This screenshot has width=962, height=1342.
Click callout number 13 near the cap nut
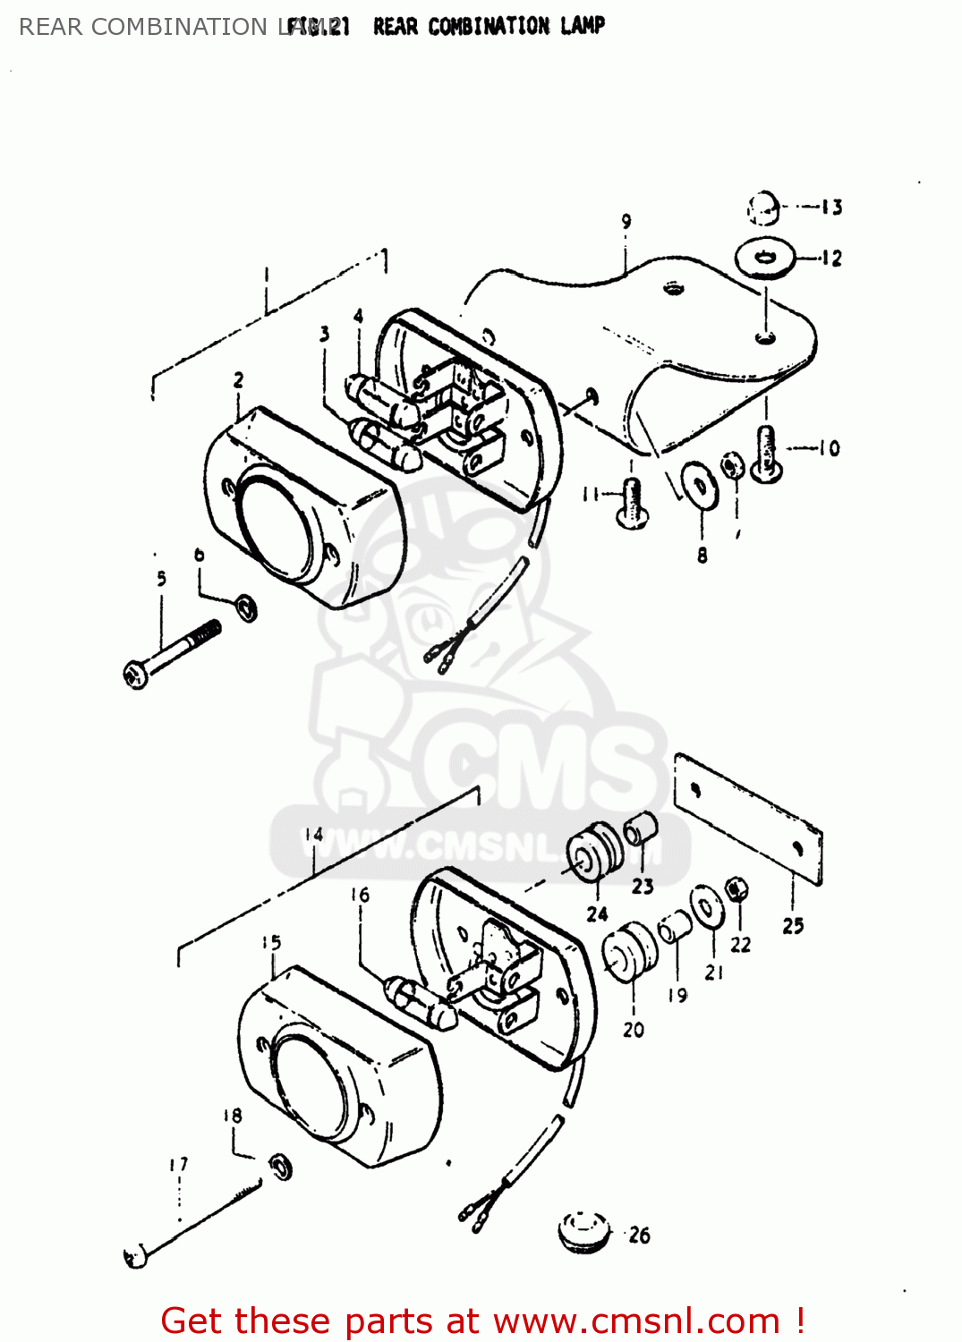point(831,208)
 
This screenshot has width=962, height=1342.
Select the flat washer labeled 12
point(764,258)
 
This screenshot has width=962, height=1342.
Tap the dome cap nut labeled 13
point(762,208)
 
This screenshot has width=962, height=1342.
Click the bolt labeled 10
point(766,454)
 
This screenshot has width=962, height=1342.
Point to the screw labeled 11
point(633,502)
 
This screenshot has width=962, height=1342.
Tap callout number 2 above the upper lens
point(238,380)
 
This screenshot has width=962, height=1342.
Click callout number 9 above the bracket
point(626,221)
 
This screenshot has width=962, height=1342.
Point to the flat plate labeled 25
point(747,819)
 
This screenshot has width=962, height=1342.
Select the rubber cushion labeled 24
point(594,852)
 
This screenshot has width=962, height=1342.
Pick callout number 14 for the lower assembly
point(313,835)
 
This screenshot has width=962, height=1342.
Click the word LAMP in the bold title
point(583,26)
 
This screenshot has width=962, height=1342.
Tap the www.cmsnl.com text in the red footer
point(636,1321)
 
